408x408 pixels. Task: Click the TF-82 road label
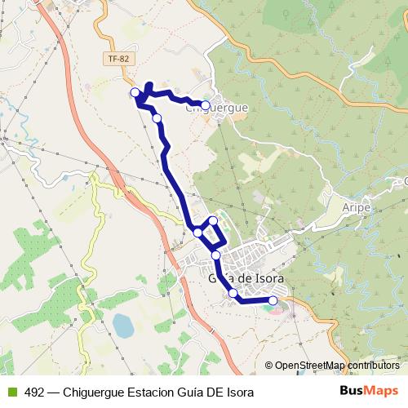(x=118, y=59)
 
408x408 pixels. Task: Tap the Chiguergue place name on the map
(x=217, y=107)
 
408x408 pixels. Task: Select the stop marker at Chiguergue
(x=206, y=104)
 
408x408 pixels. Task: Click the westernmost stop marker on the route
(x=135, y=92)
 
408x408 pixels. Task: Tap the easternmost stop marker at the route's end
(x=273, y=301)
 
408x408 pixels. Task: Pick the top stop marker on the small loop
(x=213, y=220)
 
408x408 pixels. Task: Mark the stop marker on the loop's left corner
(x=197, y=233)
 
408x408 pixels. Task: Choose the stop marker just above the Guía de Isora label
(x=216, y=255)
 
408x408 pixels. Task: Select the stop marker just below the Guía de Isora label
(x=233, y=293)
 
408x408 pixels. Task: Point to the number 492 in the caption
(x=35, y=392)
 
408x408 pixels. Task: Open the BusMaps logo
(x=369, y=392)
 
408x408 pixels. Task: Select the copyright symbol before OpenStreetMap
(x=268, y=366)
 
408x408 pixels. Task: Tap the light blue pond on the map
(x=122, y=326)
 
